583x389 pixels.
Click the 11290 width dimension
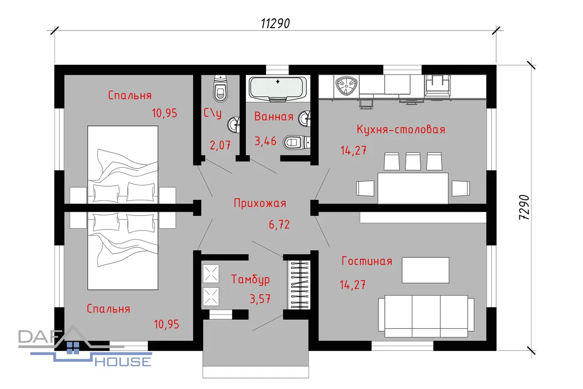pos(275,23)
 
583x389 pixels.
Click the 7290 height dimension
pos(524,208)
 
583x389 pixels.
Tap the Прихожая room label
pos(260,203)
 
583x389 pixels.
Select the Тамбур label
pos(250,279)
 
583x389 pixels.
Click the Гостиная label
pos(367,261)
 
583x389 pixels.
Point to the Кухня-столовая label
pos(401,129)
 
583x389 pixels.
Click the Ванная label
pos(274,116)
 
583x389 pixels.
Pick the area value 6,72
pos(279,225)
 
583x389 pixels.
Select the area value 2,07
pos(220,145)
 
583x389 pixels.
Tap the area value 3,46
pos(265,141)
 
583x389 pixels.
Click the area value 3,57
pos(260,299)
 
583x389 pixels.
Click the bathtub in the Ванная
pos(278,89)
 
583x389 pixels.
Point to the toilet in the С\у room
pos(221,88)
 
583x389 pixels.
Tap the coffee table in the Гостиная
pos(425,270)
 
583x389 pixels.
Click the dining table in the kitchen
pos(413,188)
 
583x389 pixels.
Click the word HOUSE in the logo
pos(123,362)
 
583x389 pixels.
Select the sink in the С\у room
pos(234,125)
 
